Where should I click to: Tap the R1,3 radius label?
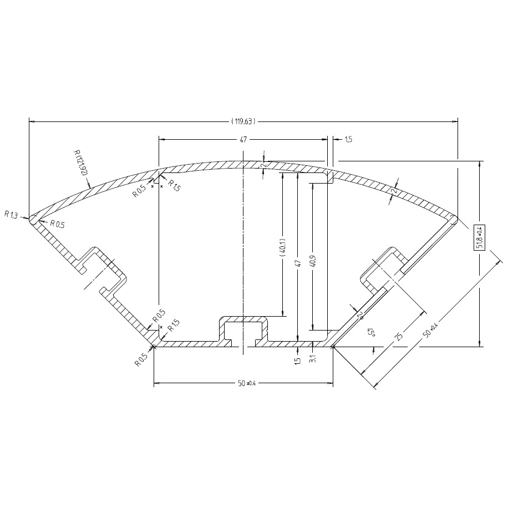11,214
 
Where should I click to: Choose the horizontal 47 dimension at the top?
243,140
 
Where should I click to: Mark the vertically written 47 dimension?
298,257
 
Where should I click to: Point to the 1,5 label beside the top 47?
348,140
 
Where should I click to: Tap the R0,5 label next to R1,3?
57,224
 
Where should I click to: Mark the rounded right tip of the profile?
454,220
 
